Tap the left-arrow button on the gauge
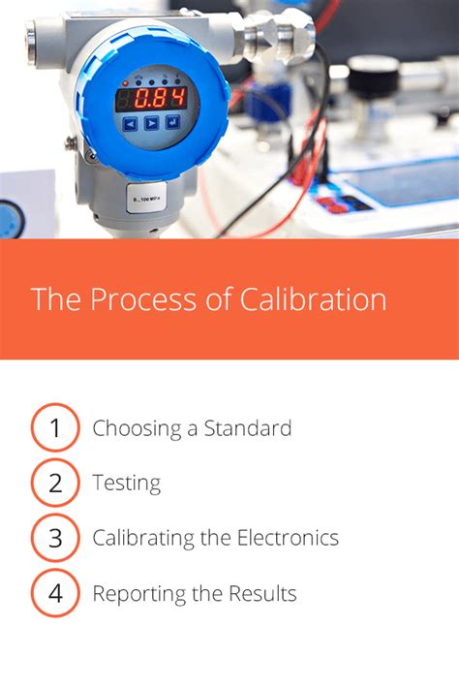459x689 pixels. (x=130, y=123)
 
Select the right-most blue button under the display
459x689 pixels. (x=172, y=122)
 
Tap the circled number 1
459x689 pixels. (x=55, y=428)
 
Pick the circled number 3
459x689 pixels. (x=55, y=538)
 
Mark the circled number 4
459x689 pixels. (x=55, y=593)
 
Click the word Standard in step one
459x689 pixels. (x=247, y=428)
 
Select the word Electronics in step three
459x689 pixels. (x=288, y=538)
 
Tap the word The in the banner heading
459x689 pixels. (x=53, y=298)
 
